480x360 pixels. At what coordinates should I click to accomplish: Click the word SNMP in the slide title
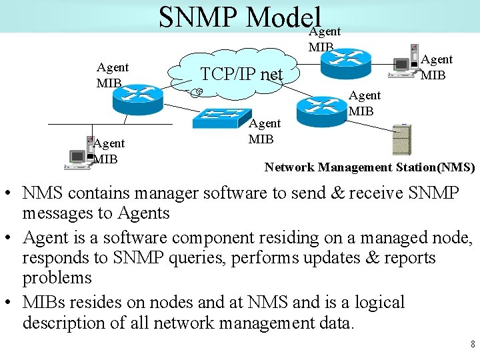click(199, 18)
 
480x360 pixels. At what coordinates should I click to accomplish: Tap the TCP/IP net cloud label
click(242, 73)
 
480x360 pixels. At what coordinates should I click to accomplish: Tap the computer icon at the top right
click(404, 65)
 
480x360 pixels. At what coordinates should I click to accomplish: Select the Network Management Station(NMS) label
click(369, 167)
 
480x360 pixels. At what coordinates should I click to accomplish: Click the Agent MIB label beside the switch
click(265, 131)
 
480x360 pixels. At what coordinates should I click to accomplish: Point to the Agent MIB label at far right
click(437, 67)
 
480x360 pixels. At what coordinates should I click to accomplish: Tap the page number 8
click(472, 345)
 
